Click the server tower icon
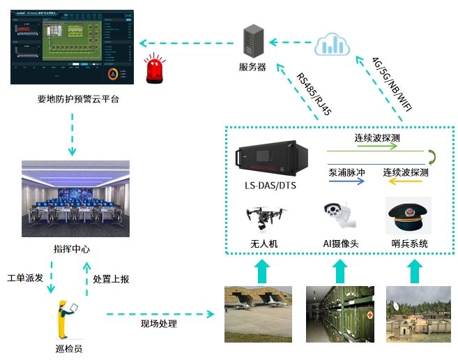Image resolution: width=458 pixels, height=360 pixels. coord(252,42)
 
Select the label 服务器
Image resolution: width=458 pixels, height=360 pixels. coord(252,68)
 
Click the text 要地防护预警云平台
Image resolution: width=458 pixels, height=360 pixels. coord(78,99)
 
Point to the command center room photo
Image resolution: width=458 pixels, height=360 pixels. coord(75,198)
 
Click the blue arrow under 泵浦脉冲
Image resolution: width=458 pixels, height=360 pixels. coord(347,181)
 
